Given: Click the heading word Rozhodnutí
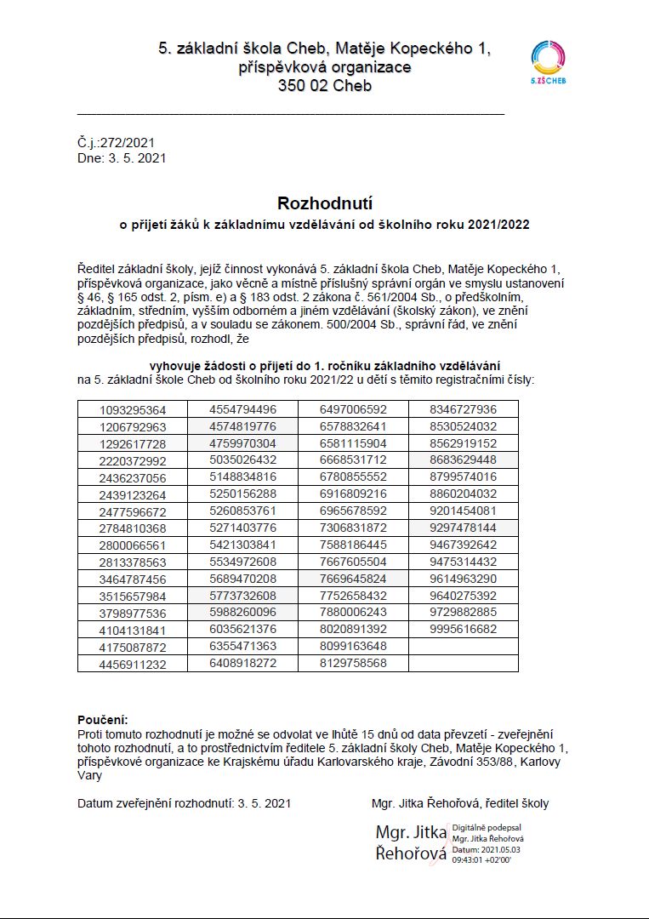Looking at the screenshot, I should point(325,203).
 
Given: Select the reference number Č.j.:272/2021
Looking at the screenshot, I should point(116,143).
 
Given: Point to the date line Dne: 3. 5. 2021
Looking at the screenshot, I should point(121,157).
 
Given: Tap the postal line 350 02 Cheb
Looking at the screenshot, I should point(324,86).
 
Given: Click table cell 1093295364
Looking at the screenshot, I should point(133,409).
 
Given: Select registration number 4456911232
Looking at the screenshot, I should point(133,663).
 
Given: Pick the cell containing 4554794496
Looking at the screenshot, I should point(242,409).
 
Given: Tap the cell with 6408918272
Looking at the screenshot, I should point(242,663).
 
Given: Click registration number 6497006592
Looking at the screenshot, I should point(353,409).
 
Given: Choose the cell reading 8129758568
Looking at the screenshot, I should point(353,663).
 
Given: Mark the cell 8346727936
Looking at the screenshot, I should point(463,409).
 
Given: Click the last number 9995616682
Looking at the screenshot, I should point(463,629).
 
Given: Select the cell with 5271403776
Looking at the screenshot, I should point(242,528).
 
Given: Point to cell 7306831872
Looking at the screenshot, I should point(353,528).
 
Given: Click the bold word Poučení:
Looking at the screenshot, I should point(102,720).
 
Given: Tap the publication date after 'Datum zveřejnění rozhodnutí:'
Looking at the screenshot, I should point(265,802).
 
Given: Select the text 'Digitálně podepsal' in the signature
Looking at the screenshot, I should point(487,827).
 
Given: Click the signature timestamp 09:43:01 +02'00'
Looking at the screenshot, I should point(482,859).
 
